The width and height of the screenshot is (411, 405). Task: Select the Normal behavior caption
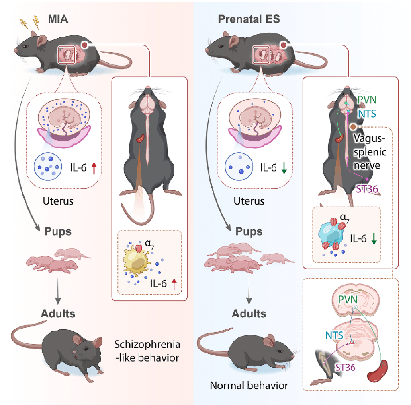(249, 386)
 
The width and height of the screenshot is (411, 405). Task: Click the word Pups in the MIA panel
(58, 232)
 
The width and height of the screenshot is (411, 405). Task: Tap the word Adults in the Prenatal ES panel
(249, 313)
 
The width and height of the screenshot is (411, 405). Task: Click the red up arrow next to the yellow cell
(174, 285)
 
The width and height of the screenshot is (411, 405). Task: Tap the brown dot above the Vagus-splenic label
(353, 127)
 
